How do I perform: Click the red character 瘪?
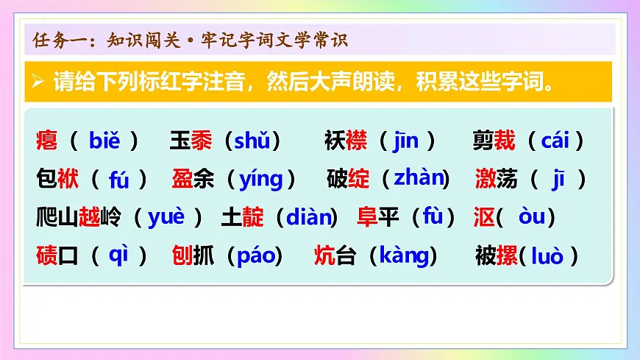46,140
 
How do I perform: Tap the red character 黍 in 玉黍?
201,140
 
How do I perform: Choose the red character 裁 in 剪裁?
505,140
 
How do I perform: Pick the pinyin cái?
561,140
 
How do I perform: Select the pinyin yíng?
260,179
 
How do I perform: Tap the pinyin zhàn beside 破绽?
420,178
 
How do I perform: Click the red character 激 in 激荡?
486,179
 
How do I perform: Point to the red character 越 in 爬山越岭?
89,217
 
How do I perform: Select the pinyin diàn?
307,217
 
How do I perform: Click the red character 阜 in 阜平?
367,217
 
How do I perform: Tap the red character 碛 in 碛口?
46,255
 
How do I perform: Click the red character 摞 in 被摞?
507,255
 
